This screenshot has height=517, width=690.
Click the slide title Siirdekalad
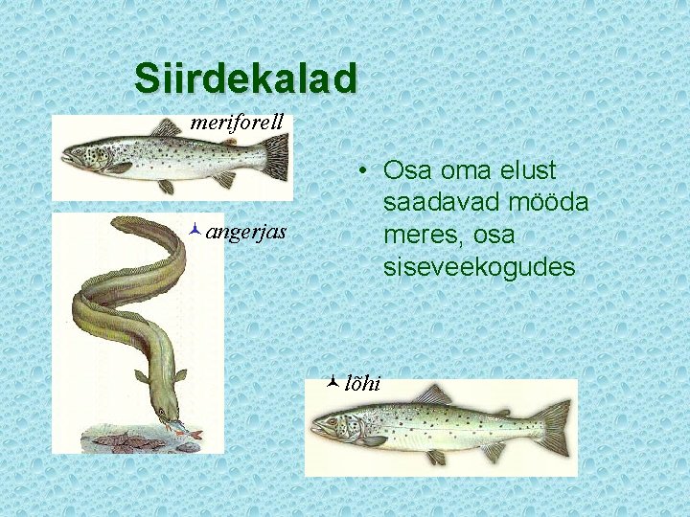(245, 78)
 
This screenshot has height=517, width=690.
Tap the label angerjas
(245, 231)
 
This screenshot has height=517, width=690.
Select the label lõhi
(361, 383)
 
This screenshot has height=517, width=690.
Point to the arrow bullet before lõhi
(331, 382)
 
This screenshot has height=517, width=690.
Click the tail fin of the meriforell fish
(275, 156)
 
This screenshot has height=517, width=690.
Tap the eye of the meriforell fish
(80, 150)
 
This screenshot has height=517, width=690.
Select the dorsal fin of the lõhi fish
(433, 394)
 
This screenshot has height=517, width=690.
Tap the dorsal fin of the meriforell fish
(168, 127)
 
